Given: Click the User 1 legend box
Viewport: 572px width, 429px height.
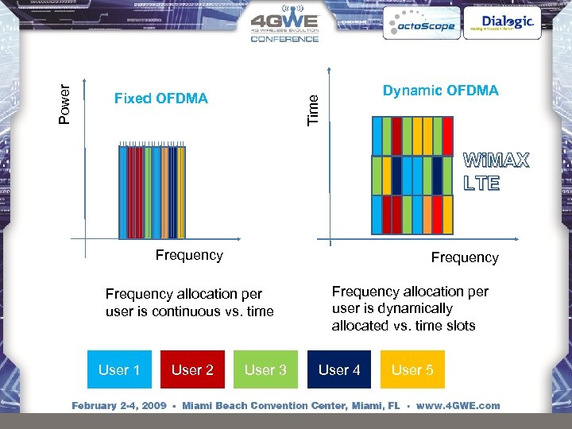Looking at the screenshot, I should click(119, 369).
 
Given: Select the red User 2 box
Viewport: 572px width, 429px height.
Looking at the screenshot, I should click(192, 369).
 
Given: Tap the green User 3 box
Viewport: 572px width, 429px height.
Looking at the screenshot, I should click(265, 369).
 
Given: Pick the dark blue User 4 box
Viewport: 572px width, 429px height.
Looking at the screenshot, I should click(339, 369).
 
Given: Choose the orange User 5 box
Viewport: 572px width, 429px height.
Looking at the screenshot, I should click(412, 369).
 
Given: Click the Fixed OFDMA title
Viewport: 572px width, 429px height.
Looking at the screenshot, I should click(160, 99).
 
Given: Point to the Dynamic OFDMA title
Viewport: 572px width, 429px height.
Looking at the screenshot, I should click(440, 91).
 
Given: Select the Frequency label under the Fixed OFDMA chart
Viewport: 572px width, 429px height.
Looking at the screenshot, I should click(189, 255).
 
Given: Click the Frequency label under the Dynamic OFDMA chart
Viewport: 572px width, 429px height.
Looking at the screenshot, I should click(464, 257).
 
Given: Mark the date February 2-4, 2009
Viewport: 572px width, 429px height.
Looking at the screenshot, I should click(119, 406).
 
